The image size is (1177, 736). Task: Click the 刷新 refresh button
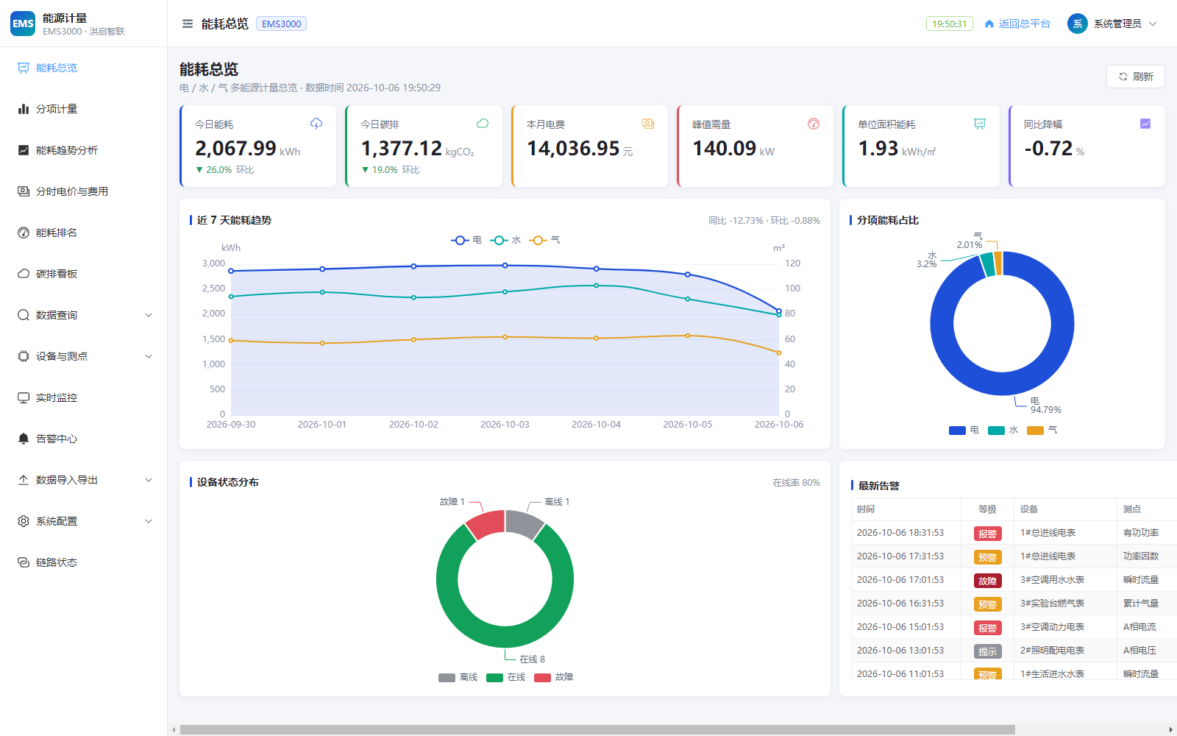click(x=1135, y=77)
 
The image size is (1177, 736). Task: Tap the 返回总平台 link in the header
click(x=1017, y=24)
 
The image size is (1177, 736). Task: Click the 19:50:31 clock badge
click(x=949, y=24)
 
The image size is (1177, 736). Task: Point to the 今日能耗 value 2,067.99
click(x=235, y=148)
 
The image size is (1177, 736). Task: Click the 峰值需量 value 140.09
click(x=724, y=148)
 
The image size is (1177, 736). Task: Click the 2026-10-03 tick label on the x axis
click(x=505, y=424)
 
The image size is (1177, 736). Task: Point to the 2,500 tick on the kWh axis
click(x=213, y=288)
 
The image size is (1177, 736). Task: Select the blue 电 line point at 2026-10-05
click(x=687, y=275)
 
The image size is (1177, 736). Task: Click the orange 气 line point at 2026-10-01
click(x=322, y=343)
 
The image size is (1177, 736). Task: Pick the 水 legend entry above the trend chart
click(x=505, y=240)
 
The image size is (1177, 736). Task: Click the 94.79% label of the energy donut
click(x=1045, y=409)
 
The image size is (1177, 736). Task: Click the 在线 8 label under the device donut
click(x=532, y=659)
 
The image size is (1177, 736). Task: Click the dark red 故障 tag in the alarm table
click(x=987, y=581)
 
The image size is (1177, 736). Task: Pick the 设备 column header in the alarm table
click(x=1029, y=509)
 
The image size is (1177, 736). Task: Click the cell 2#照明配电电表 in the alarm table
click(x=1052, y=651)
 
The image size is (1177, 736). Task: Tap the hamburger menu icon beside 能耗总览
click(x=187, y=24)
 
